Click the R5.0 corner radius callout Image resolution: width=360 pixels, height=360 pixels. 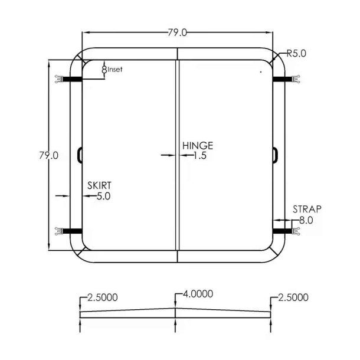tap(296, 54)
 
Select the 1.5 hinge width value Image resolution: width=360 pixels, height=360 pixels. tap(199, 156)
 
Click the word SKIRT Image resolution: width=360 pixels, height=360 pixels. tap(99, 185)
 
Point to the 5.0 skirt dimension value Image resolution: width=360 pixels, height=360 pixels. tap(103, 196)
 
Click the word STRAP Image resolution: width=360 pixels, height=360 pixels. tap(307, 209)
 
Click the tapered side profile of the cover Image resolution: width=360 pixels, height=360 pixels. tap(175, 312)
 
